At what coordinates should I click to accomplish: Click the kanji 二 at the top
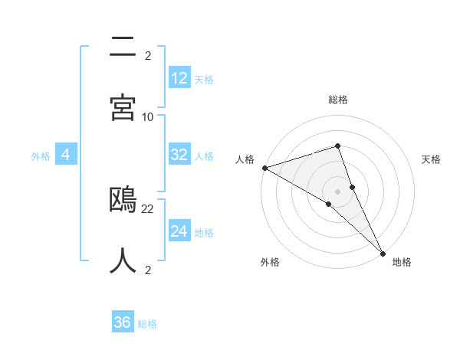[123, 47]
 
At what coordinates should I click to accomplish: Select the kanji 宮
[123, 107]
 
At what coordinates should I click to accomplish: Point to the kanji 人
[123, 260]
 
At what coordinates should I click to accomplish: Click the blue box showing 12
[179, 78]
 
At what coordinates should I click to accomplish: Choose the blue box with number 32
[179, 155]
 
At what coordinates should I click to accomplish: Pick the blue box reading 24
[179, 232]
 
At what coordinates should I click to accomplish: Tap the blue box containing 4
[65, 155]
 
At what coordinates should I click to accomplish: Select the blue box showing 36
[123, 323]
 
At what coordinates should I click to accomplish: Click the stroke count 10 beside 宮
[148, 116]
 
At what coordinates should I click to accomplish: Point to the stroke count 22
[148, 208]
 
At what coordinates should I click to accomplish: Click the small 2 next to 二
[148, 55]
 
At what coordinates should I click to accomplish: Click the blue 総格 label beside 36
[147, 324]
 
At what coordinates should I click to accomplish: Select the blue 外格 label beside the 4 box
[41, 156]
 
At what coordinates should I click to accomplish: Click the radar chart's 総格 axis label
[337, 100]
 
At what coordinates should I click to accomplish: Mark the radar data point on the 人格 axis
[264, 168]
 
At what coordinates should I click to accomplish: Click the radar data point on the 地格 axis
[383, 252]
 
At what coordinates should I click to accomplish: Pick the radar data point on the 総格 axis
[337, 146]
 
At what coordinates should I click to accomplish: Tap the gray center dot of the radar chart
[337, 191]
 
